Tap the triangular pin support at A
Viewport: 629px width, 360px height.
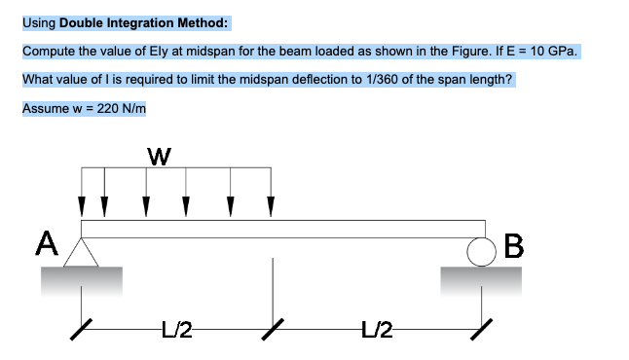(81, 251)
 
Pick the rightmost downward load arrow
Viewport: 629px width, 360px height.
(272, 191)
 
